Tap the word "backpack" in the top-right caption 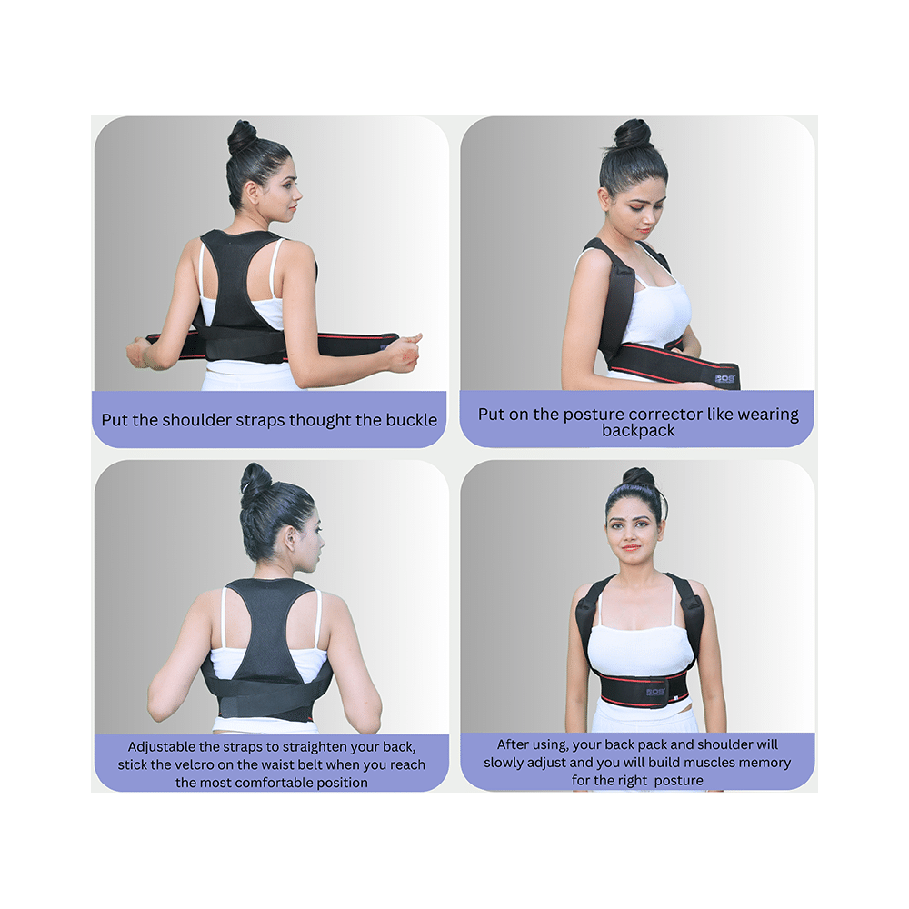click(638, 431)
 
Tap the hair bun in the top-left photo click(242, 137)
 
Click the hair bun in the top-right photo click(633, 134)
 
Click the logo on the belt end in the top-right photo click(725, 377)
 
